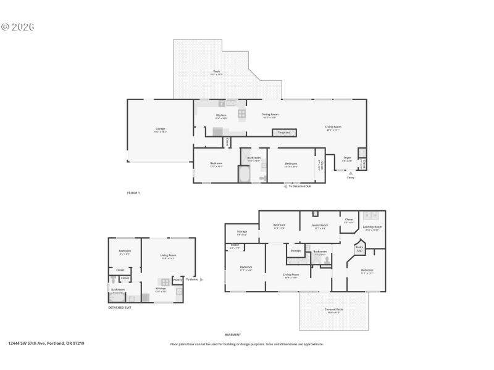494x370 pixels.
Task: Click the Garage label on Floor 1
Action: (x=160, y=129)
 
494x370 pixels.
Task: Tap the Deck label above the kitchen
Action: (x=217, y=72)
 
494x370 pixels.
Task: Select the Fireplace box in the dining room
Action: (x=283, y=133)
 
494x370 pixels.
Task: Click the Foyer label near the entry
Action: (x=347, y=158)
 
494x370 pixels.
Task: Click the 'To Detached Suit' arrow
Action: (x=286, y=186)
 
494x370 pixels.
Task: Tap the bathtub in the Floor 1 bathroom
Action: (x=243, y=175)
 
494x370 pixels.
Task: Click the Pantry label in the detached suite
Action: (x=177, y=279)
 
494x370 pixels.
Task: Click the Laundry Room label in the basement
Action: (x=372, y=227)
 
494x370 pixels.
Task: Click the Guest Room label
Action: (x=319, y=226)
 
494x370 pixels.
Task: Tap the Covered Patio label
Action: (x=333, y=310)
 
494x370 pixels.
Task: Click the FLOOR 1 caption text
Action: (x=133, y=193)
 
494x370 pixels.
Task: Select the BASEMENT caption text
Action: (x=233, y=335)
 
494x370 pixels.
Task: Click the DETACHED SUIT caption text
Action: (x=120, y=307)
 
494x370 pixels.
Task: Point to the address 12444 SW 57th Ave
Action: (x=46, y=343)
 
